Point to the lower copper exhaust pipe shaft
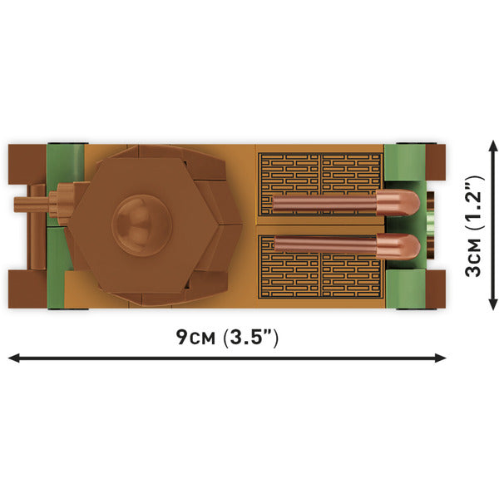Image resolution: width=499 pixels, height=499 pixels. click(x=324, y=245)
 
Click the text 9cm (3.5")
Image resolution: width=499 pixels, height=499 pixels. click(x=226, y=337)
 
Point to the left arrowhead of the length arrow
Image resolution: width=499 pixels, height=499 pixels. click(x=13, y=358)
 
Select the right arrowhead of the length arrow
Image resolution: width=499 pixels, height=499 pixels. click(x=441, y=358)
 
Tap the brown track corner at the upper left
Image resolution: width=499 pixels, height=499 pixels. click(x=22, y=161)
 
